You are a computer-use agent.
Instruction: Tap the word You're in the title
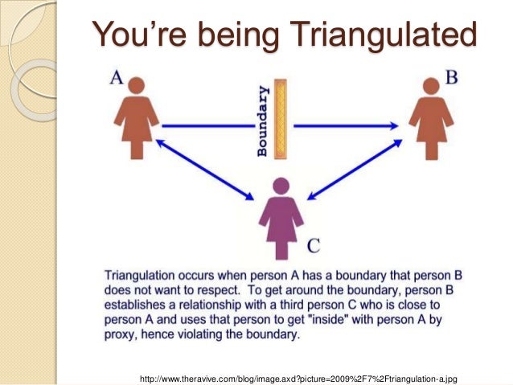click(x=139, y=33)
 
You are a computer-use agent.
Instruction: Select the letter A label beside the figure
click(x=117, y=78)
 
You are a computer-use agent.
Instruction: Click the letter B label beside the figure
click(x=452, y=77)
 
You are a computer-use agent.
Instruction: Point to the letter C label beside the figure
click(x=314, y=246)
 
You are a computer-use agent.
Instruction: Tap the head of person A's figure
click(x=137, y=85)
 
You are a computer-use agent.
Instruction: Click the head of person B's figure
click(x=431, y=86)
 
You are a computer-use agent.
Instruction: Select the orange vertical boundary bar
click(x=281, y=119)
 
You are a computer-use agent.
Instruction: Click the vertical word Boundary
click(x=263, y=121)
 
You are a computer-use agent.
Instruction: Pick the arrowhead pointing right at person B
click(x=393, y=126)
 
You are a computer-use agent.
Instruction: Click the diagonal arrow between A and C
click(x=205, y=170)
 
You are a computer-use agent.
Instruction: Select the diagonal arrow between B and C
click(x=355, y=170)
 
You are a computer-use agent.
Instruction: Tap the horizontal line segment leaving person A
click(x=208, y=126)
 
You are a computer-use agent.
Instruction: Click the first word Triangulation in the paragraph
click(x=139, y=276)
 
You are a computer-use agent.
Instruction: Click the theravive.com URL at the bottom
click(x=298, y=379)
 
